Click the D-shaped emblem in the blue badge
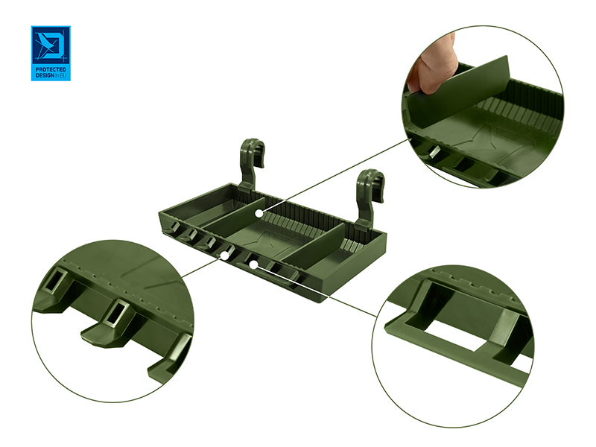pos(50,46)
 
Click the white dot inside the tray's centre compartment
pos(259,214)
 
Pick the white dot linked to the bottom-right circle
pos(253,264)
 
